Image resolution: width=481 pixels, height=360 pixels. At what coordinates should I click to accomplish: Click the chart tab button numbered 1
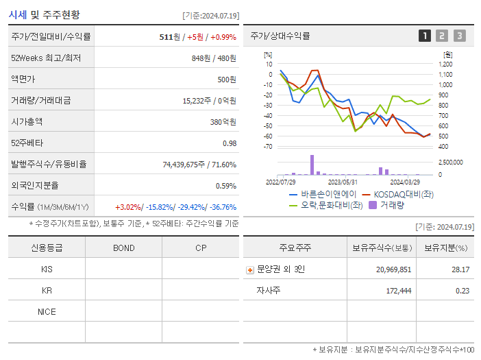[x=425, y=36]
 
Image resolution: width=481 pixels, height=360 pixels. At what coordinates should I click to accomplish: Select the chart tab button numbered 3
[x=459, y=36]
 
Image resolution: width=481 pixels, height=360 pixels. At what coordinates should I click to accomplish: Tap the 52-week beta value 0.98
[x=229, y=143]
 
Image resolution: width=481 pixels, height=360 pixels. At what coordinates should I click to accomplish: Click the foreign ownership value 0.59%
[x=225, y=185]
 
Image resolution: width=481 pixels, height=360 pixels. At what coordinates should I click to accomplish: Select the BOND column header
[x=123, y=248]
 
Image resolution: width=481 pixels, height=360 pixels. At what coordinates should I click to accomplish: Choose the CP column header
[x=200, y=248]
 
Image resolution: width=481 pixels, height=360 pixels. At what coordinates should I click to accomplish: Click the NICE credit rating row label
[x=47, y=311]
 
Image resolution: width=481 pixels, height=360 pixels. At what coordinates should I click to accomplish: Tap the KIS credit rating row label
[x=47, y=269]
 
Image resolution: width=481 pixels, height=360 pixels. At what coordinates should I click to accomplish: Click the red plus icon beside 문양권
[x=250, y=269]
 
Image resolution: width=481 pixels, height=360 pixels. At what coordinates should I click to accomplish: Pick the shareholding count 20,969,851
[x=393, y=269]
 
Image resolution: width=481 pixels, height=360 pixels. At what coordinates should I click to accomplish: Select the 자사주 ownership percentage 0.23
[x=462, y=291]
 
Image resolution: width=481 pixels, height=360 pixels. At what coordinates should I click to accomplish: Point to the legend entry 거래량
[x=391, y=204]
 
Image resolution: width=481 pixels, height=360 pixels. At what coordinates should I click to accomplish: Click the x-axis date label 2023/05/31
[x=343, y=182]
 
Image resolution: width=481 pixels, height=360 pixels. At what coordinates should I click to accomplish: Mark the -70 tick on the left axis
[x=269, y=147]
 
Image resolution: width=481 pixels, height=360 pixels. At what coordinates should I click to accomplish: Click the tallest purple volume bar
[x=312, y=165]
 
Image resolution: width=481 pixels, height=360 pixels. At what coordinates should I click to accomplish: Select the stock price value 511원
[x=169, y=36]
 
